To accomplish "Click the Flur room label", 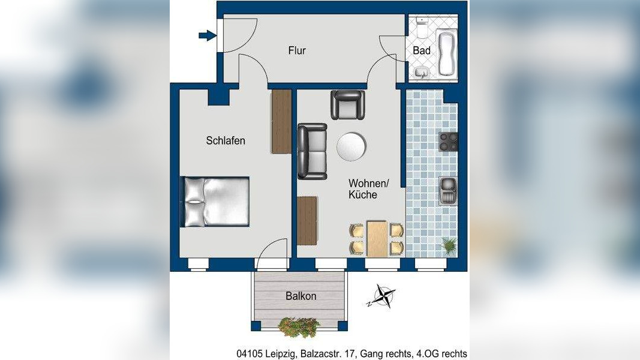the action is click(x=297, y=50).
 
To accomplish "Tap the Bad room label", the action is click(x=422, y=50).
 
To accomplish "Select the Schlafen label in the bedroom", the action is click(x=226, y=141).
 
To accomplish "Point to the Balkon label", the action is click(x=301, y=296).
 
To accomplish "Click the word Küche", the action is click(x=362, y=194).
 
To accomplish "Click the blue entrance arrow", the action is click(x=208, y=35).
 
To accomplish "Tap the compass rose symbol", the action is click(x=382, y=296).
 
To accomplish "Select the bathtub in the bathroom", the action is click(x=446, y=52).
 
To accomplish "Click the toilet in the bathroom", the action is click(x=420, y=26).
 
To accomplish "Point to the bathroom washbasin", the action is click(x=422, y=72).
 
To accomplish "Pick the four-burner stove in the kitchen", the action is click(x=448, y=142).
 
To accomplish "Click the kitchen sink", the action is click(x=448, y=191).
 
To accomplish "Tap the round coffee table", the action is click(x=351, y=146).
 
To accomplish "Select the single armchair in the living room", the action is click(x=348, y=105).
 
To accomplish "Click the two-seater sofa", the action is click(x=313, y=151).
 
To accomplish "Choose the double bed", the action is click(x=215, y=201).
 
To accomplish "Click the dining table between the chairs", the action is click(x=377, y=239).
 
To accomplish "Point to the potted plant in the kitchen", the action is click(x=449, y=247).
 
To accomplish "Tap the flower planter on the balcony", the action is click(x=299, y=327).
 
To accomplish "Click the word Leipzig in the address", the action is click(x=283, y=353).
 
